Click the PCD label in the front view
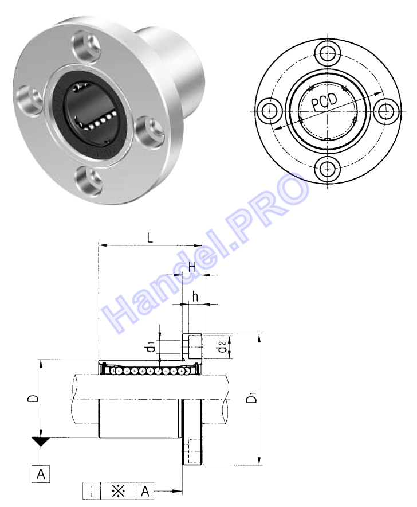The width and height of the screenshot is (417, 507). (324, 102)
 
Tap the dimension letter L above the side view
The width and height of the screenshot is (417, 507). (150, 237)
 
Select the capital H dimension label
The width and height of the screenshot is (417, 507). (192, 267)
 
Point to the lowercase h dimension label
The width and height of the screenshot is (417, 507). (195, 296)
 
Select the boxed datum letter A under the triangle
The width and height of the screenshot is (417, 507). (41, 474)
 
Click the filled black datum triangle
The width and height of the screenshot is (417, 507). (41, 441)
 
